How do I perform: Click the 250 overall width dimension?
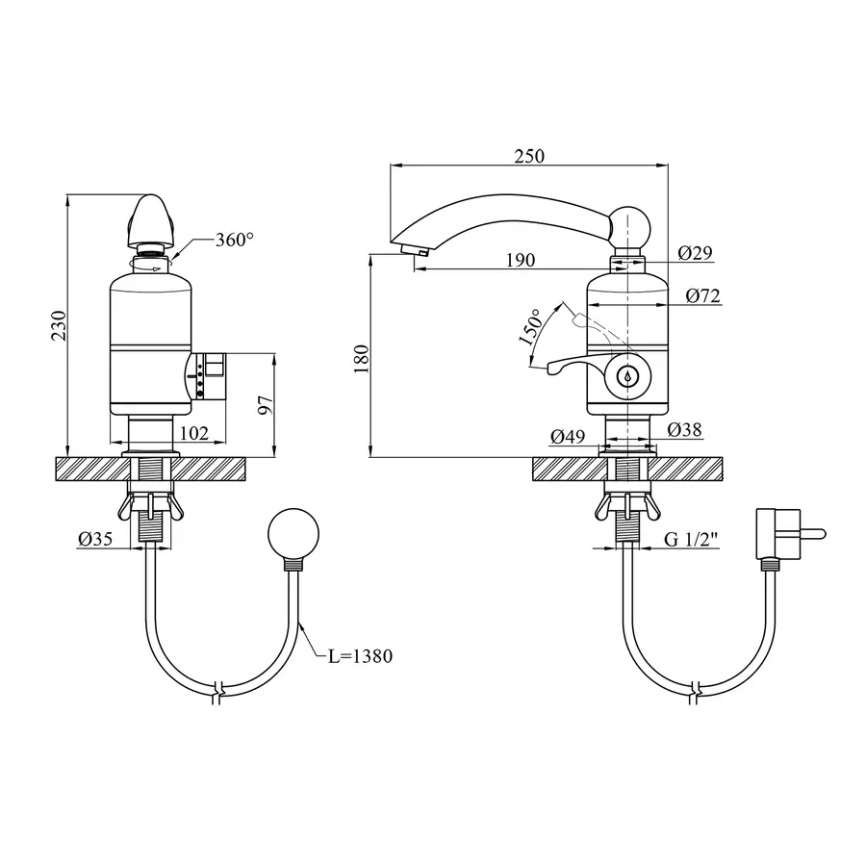click(x=529, y=156)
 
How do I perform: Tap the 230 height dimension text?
click(x=59, y=326)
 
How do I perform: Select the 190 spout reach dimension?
click(x=521, y=260)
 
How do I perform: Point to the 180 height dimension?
click(x=361, y=359)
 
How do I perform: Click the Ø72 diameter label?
click(x=703, y=296)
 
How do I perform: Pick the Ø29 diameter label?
click(x=696, y=253)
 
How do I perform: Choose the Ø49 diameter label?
click(x=568, y=437)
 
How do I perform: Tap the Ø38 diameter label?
click(x=684, y=429)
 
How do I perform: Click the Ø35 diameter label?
click(x=95, y=539)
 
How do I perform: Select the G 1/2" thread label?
click(x=691, y=539)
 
